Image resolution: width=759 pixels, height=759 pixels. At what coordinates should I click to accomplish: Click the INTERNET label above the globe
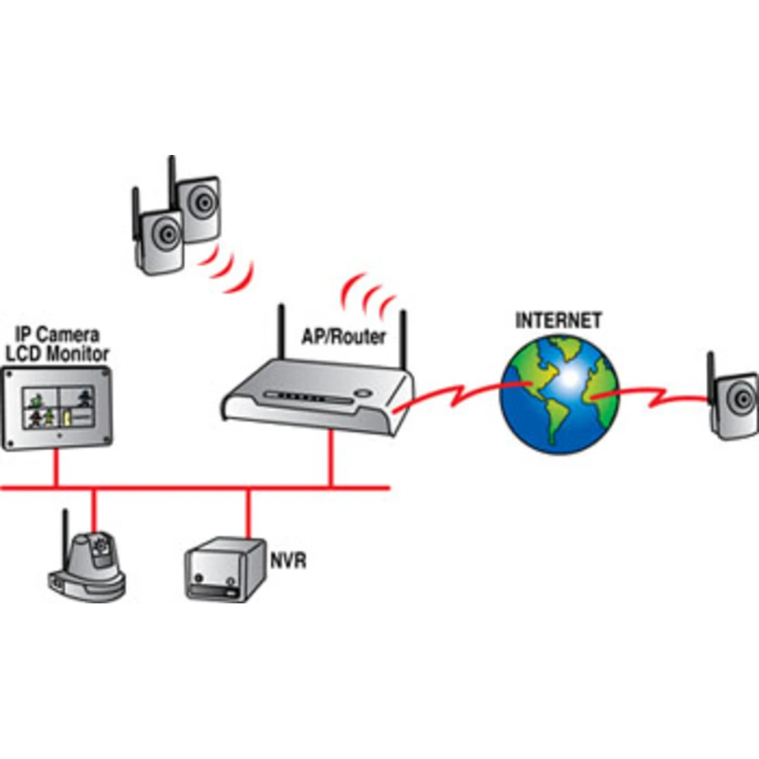pyautogui.click(x=559, y=320)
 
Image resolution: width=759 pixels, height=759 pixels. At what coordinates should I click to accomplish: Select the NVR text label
pyautogui.click(x=288, y=562)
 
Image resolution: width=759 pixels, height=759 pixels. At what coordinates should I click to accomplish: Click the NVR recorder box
pyautogui.click(x=218, y=569)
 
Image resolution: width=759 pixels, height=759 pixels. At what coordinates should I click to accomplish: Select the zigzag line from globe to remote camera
pyautogui.click(x=653, y=395)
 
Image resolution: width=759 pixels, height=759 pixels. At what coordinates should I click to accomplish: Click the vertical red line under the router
pyautogui.click(x=330, y=459)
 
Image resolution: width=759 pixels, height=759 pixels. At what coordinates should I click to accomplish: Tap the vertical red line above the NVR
pyautogui.click(x=247, y=512)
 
